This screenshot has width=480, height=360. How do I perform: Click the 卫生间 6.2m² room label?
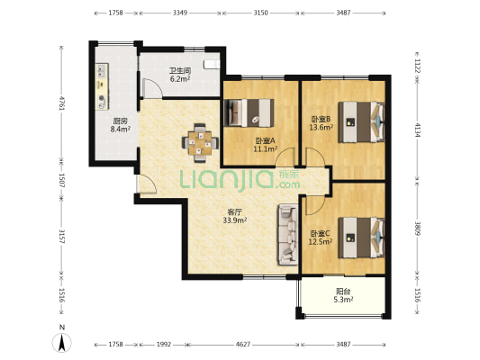tap(180, 75)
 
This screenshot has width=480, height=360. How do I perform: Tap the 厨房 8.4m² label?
tap(121, 125)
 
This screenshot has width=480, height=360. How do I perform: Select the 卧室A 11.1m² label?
tap(266, 145)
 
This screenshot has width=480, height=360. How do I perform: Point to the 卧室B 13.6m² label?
tap(322, 123)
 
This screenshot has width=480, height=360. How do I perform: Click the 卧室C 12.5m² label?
tap(321, 238)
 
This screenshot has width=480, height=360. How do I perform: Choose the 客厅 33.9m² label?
tap(235, 216)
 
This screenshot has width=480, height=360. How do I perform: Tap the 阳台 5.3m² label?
tap(343, 295)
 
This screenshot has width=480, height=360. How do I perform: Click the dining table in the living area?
tap(200, 143)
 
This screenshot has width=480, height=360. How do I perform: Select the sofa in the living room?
tap(288, 235)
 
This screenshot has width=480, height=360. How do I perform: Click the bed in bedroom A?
tap(249, 112)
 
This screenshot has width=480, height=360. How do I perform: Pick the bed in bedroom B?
tap(361, 122)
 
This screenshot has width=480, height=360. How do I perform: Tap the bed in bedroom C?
tap(361, 238)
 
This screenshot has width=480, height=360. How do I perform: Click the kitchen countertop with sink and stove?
tap(103, 86)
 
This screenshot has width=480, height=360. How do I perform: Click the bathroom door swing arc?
tap(154, 87)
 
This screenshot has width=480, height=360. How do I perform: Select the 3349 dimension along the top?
tap(180, 13)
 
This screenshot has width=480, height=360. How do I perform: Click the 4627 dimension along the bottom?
tap(243, 345)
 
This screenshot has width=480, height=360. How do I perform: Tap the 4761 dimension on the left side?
tap(62, 103)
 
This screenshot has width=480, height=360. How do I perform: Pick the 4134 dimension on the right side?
tap(417, 130)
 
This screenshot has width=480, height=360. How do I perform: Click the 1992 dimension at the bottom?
tap(164, 345)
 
